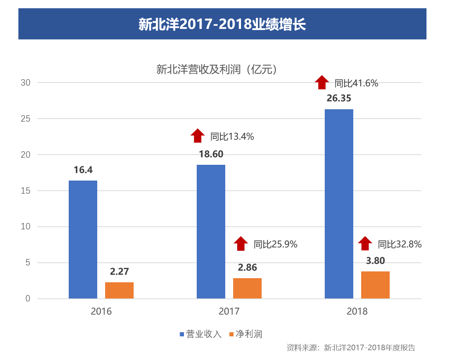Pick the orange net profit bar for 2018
pyautogui.click(x=375, y=285)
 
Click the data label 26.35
pyautogui.click(x=339, y=98)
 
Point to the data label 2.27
pyautogui.click(x=119, y=271)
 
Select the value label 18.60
pyautogui.click(x=211, y=154)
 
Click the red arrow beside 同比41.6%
pyautogui.click(x=322, y=82)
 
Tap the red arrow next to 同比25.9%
pyautogui.click(x=241, y=243)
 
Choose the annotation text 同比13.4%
pyautogui.click(x=232, y=137)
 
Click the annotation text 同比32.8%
pyautogui.click(x=399, y=244)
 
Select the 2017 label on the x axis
pyautogui.click(x=229, y=312)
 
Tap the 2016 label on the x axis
pyautogui.click(x=101, y=312)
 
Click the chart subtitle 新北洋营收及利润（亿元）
pyautogui.click(x=217, y=69)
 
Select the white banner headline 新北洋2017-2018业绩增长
pyautogui.click(x=222, y=24)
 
